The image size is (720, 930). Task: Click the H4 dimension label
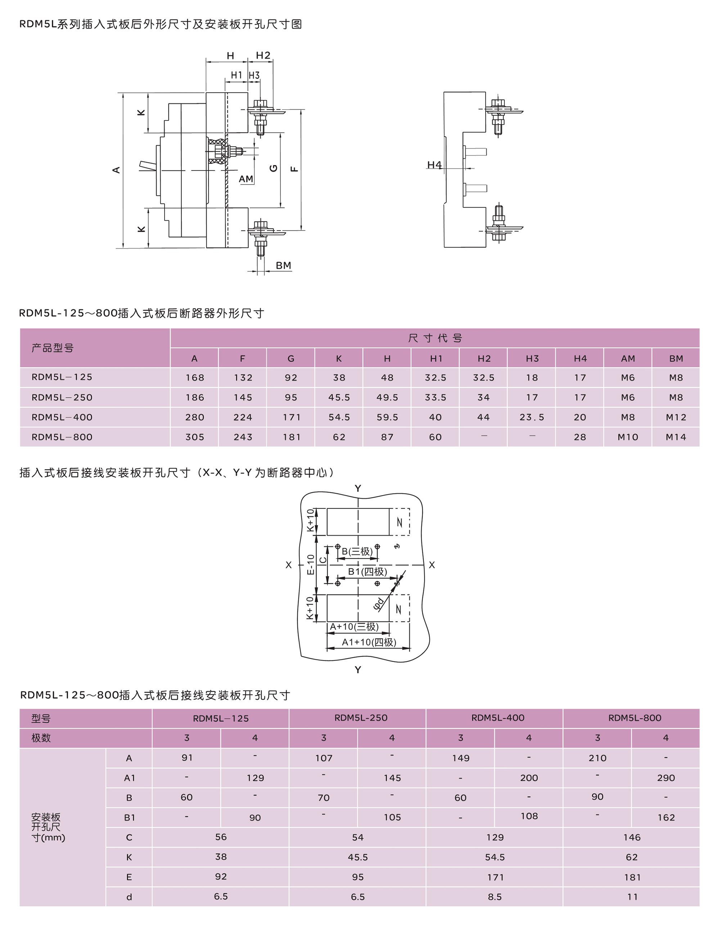434,165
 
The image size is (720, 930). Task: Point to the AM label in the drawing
246,179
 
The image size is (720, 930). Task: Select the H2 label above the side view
263,55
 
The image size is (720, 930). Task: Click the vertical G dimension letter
274,168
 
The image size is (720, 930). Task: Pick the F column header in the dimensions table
242,359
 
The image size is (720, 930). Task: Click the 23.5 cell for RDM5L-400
532,417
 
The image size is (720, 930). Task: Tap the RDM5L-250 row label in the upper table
62,397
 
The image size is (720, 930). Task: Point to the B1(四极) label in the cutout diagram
367,571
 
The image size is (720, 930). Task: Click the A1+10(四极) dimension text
369,642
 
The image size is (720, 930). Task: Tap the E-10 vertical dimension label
311,564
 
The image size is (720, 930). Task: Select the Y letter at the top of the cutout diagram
358,489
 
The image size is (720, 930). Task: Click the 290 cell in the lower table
666,778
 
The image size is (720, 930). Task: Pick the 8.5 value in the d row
495,897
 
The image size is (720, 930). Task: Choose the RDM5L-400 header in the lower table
498,718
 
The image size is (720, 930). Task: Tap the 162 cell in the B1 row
666,818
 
